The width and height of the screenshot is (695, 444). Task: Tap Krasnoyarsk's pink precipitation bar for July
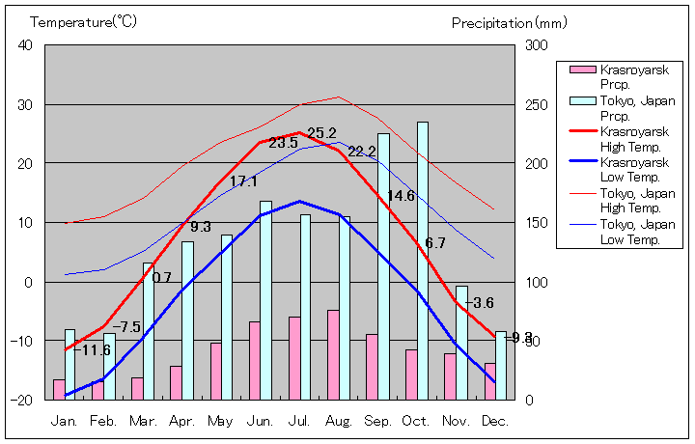click(294, 358)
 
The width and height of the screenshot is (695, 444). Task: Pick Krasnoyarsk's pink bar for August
click(333, 354)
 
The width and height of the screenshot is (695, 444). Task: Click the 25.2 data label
click(321, 133)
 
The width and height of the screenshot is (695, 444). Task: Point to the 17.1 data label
click(243, 181)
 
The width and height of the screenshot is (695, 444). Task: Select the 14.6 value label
click(401, 196)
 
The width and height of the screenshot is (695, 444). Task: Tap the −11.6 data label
click(92, 350)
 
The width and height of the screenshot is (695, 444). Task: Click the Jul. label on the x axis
click(299, 421)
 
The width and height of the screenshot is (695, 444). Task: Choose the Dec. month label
click(495, 421)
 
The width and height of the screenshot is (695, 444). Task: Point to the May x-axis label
click(220, 421)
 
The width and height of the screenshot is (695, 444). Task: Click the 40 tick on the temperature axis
click(25, 45)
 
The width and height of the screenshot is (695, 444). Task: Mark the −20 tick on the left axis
click(21, 400)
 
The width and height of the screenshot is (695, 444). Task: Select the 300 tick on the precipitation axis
click(536, 45)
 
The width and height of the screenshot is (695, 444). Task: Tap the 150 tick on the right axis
click(536, 223)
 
